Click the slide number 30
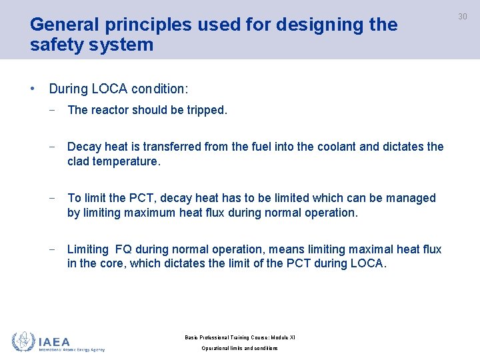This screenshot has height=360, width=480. pyautogui.click(x=462, y=17)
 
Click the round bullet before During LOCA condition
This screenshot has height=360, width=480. pyautogui.click(x=33, y=88)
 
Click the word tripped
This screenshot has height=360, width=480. pyautogui.click(x=207, y=110)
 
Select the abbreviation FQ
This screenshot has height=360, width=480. pyautogui.click(x=123, y=249)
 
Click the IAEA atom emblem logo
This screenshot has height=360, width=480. pyautogui.click(x=23, y=342)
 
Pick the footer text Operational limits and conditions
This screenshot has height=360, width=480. pyautogui.click(x=240, y=349)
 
